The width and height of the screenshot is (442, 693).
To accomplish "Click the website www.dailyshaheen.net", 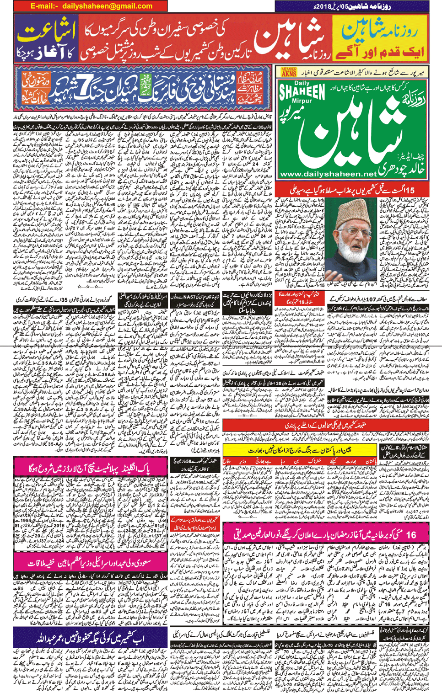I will coord(328,174).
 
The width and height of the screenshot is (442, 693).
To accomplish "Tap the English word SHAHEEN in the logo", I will coord(302,92).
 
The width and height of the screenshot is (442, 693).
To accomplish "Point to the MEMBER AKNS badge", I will coord(289,71).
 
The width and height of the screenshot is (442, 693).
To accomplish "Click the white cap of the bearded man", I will coord(351,205).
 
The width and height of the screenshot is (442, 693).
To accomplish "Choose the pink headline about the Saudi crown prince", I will coord(91,563).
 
